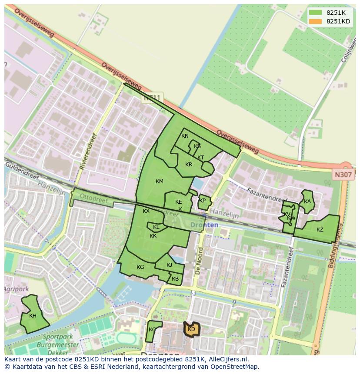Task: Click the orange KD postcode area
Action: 191,329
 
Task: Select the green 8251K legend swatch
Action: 315,13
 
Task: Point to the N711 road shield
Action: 152,99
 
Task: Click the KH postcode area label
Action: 33,316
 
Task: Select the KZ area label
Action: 320,230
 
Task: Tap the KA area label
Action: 307,201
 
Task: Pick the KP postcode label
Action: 202,201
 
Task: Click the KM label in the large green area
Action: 160,181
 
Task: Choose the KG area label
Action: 140,267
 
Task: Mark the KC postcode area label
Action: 152,330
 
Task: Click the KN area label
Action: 185,136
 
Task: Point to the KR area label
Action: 189,165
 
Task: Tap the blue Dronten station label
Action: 204,225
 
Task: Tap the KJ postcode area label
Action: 169,265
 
